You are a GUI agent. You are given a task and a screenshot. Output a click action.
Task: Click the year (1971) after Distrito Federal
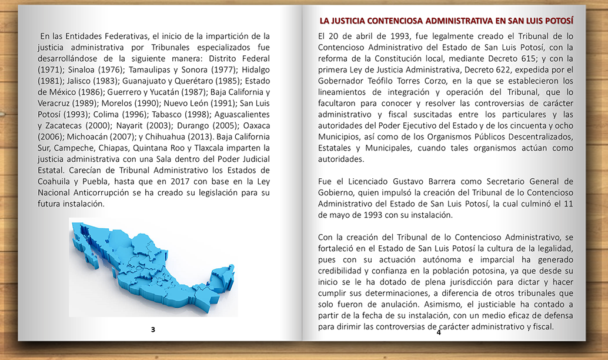(51, 69)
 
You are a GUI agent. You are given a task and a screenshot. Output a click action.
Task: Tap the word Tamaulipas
(153, 69)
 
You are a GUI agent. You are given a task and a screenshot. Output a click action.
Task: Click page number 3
(153, 329)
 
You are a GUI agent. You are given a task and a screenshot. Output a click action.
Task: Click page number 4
(439, 332)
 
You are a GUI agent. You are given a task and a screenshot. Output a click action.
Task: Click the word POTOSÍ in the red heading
(556, 21)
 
